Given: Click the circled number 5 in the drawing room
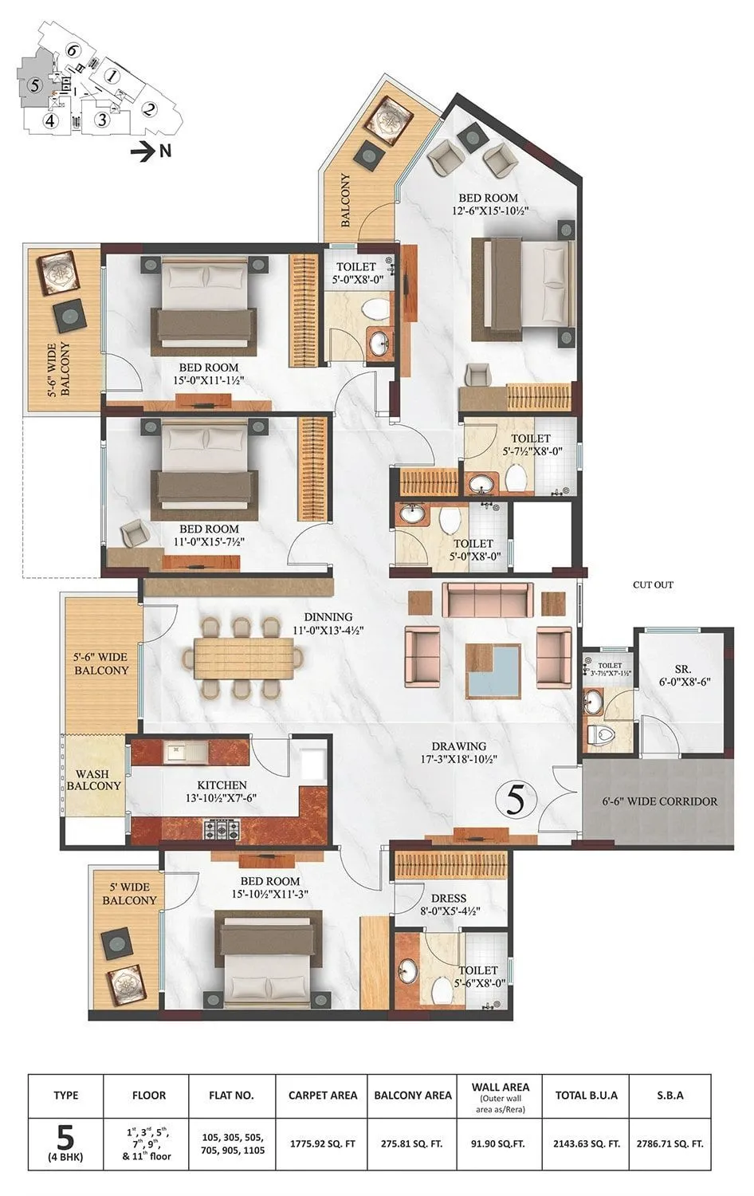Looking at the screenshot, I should click(516, 800).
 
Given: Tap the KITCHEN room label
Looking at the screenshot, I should click(222, 785).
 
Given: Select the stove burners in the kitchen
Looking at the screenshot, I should click(223, 830).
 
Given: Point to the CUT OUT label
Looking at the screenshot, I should click(653, 584).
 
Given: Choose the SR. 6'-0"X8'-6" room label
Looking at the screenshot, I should click(682, 675).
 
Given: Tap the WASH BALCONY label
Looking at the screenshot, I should click(93, 780).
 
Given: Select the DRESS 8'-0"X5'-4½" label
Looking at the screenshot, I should click(450, 904).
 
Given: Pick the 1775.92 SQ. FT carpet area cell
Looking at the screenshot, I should click(322, 1143).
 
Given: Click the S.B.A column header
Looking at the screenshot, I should click(670, 1096).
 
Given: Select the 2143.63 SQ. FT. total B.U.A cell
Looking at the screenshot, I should click(587, 1143).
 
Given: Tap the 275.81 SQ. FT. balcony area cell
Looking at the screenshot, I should click(413, 1143).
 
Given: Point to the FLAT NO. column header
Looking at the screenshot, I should click(231, 1096).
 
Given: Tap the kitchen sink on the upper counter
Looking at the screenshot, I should click(175, 750).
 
